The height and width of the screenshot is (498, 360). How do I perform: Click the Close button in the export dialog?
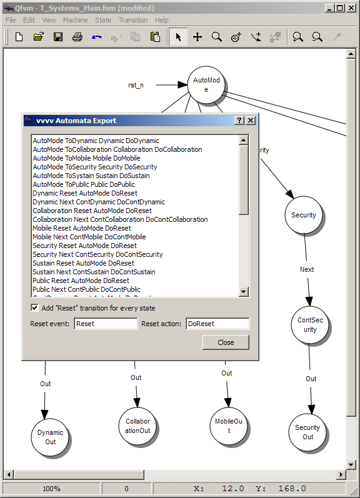(226, 342)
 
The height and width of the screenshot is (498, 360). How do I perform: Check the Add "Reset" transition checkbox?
(34, 308)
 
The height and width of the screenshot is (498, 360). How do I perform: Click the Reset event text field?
(106, 324)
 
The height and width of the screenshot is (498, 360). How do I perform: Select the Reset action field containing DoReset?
(217, 324)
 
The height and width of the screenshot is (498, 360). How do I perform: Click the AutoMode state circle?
(206, 84)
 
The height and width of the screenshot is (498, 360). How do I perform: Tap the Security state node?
(304, 215)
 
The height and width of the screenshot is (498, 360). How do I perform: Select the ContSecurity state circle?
(310, 324)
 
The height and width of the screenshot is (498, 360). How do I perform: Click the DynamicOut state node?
(50, 437)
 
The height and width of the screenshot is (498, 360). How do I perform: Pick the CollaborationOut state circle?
(137, 426)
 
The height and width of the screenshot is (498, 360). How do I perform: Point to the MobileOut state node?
(229, 426)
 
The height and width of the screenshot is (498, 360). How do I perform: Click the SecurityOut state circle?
(307, 432)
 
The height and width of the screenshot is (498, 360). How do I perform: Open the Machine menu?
(75, 20)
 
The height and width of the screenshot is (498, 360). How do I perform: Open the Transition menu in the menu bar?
(133, 20)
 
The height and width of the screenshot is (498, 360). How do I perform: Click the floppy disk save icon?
(58, 37)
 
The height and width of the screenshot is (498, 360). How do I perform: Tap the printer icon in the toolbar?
(77, 37)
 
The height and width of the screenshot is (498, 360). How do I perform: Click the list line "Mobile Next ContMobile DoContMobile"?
(89, 237)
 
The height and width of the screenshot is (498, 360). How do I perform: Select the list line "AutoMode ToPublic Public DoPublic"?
(84, 184)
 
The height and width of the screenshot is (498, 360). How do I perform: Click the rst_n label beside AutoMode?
(136, 85)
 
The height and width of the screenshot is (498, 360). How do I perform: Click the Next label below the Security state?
(307, 269)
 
